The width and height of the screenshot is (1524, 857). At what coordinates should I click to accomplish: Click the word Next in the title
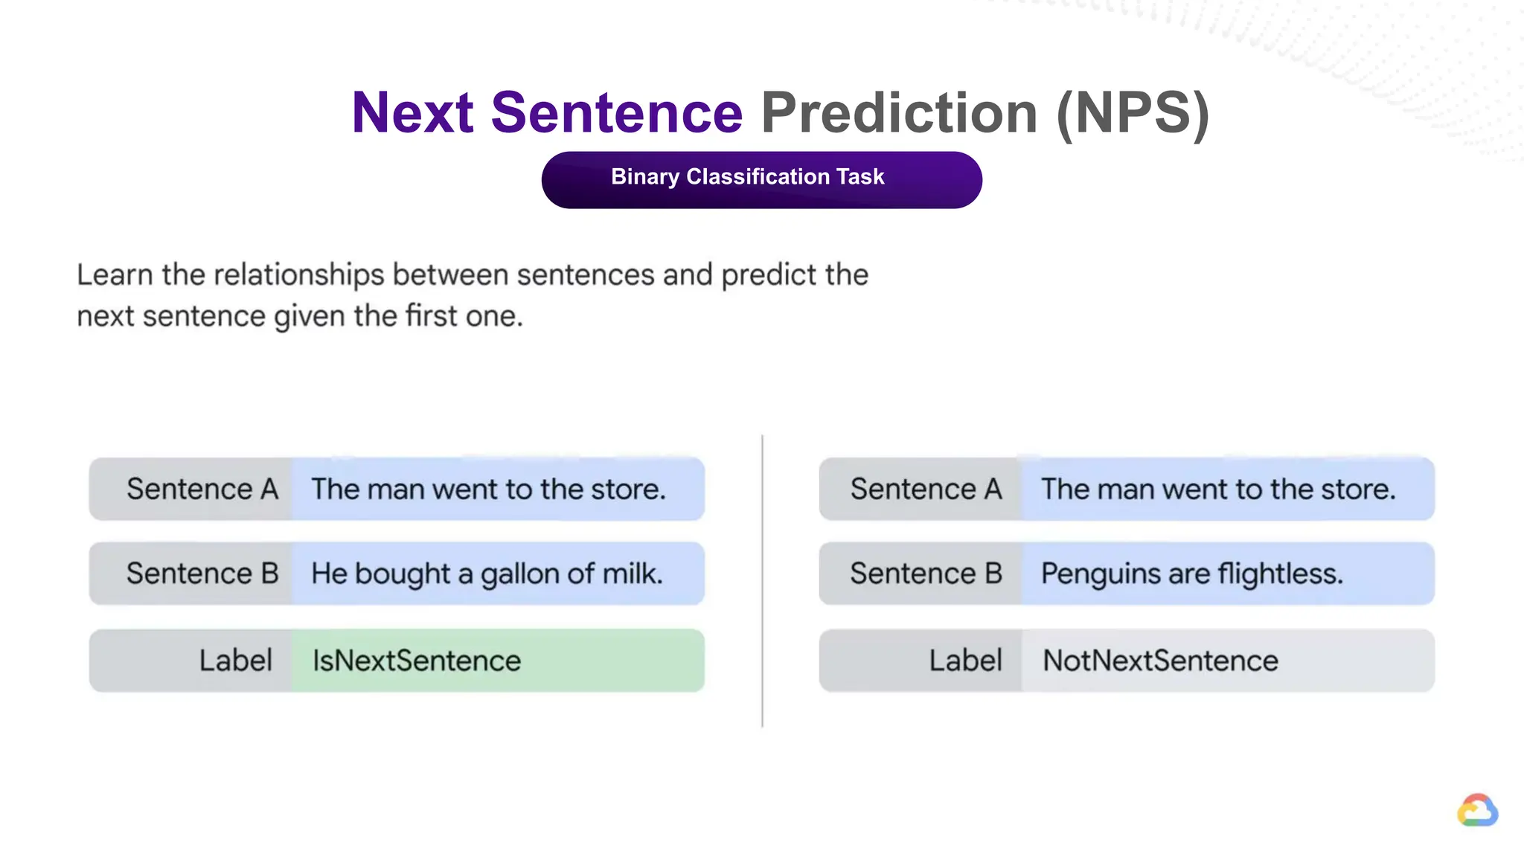(x=412, y=113)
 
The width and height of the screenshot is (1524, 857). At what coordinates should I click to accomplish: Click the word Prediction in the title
(x=899, y=113)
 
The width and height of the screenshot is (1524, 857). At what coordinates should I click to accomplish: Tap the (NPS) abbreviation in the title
(x=1133, y=113)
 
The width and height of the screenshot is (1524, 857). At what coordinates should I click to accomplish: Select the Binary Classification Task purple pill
(x=761, y=179)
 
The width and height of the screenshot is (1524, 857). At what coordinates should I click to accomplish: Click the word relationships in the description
(x=298, y=275)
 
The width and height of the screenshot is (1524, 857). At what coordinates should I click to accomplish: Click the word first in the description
(x=431, y=316)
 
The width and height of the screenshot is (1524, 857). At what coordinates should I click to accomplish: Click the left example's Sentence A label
(x=202, y=490)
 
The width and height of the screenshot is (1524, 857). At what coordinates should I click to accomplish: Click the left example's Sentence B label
(x=202, y=574)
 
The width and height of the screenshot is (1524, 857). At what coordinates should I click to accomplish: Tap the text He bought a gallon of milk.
(x=487, y=574)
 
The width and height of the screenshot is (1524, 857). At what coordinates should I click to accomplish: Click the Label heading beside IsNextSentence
(x=235, y=661)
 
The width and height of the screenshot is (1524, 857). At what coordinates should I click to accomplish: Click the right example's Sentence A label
(x=926, y=490)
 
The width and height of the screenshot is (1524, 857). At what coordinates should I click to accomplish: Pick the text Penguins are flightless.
(x=1191, y=574)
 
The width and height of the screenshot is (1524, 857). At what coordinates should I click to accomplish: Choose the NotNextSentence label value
(x=1160, y=661)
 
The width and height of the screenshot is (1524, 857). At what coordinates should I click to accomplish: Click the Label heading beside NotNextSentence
(x=965, y=661)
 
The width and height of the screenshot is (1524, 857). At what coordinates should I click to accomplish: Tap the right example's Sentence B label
(x=926, y=574)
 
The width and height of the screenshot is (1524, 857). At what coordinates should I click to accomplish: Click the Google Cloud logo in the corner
(x=1477, y=811)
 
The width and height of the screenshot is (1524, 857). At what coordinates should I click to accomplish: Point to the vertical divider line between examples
(x=762, y=580)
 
